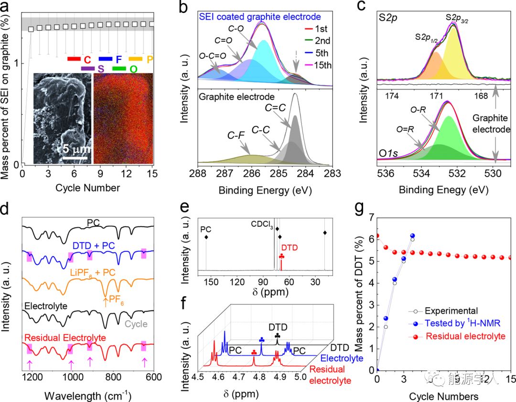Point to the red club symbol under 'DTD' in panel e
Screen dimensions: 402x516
click(281, 257)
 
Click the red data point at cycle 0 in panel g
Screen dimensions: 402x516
click(377, 235)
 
